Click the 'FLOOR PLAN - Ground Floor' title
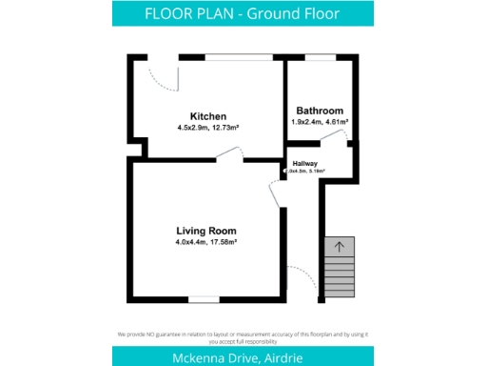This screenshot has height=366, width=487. tap(243, 13)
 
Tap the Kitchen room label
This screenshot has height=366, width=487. tap(207, 116)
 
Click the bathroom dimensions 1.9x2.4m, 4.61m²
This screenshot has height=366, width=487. tap(319, 122)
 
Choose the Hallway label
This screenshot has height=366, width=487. tap(304, 163)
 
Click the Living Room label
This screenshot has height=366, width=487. tap(205, 231)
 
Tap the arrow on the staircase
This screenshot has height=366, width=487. tap(340, 246)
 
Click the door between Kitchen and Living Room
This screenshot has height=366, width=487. tap(228, 153)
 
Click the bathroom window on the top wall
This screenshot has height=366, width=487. tap(321, 58)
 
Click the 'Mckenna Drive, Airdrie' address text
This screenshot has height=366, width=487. tap(243, 356)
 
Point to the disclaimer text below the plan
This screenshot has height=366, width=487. tap(243, 335)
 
